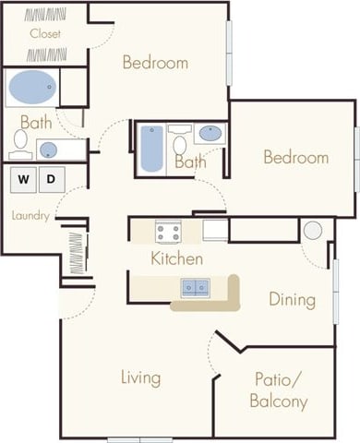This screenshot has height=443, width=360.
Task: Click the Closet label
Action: [x=44, y=34]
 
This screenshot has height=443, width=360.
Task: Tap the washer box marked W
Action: [x=22, y=178]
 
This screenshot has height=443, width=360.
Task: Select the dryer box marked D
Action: [x=52, y=178]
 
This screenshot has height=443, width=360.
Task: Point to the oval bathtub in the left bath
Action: [x=31, y=89]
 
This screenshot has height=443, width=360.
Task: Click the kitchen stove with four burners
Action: [x=167, y=231]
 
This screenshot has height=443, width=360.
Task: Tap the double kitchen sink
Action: [x=195, y=287]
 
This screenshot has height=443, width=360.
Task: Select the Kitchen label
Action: [x=177, y=258]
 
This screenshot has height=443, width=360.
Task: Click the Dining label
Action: [x=292, y=299]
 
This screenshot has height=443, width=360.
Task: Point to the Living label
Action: [x=140, y=377]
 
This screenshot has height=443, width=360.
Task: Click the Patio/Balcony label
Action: [x=278, y=389]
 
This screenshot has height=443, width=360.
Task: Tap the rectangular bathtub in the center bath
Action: [x=151, y=149]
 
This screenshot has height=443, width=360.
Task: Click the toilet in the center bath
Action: [x=180, y=143]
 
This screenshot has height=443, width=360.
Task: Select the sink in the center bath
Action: [x=210, y=133]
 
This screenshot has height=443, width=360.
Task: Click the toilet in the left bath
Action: [x=20, y=139]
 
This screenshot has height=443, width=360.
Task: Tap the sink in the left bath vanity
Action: [x=49, y=150]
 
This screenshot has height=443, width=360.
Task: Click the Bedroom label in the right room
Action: [x=295, y=157]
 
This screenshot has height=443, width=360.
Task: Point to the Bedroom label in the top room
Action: [x=155, y=63]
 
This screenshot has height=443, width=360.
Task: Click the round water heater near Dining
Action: [x=313, y=231]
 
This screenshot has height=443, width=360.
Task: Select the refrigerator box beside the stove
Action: [x=215, y=230]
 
